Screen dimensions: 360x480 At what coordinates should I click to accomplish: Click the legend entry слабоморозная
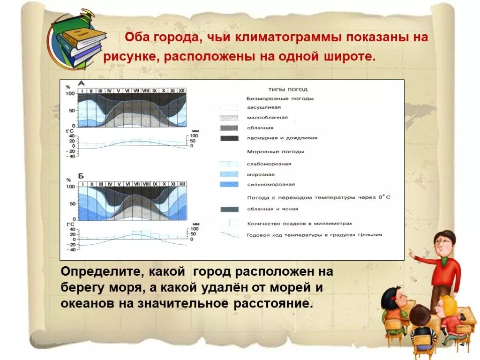pyautogui.click(x=269, y=164)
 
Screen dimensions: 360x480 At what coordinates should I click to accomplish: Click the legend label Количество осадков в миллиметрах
pyautogui.click(x=299, y=224)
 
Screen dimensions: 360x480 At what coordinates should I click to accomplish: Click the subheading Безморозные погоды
pyautogui.click(x=280, y=98)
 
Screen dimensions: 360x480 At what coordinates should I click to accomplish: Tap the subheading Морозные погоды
pyautogui.click(x=275, y=152)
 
